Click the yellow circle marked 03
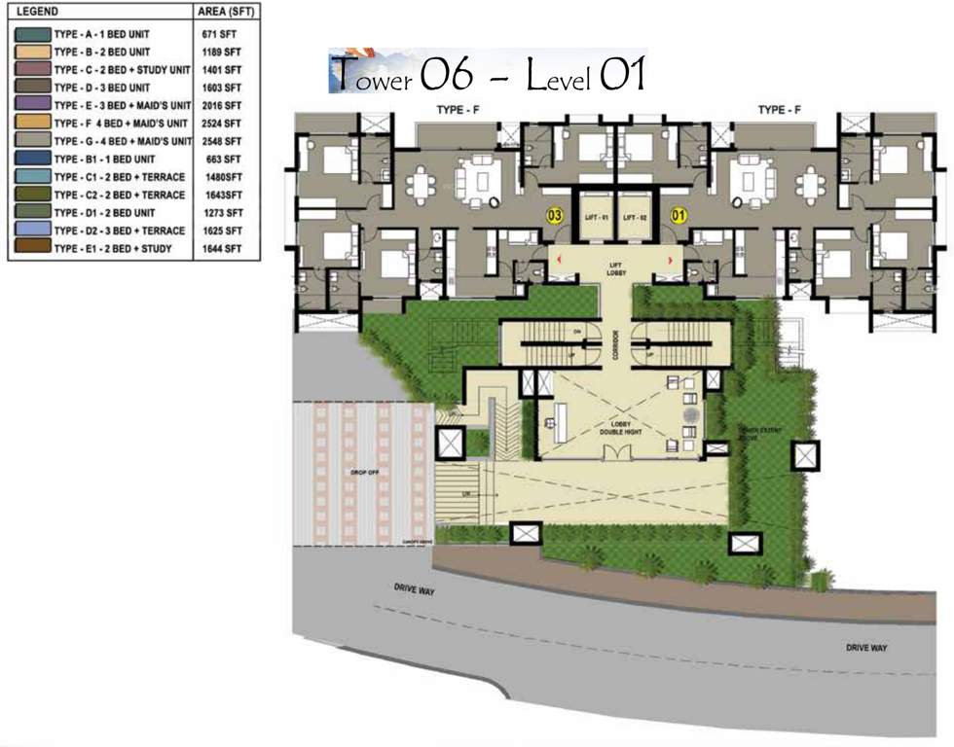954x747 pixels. click(555, 215)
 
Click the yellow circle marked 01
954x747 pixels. click(679, 215)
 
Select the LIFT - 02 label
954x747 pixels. click(636, 216)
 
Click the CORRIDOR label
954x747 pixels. click(615, 348)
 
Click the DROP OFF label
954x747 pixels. click(364, 473)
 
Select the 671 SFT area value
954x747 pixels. click(220, 33)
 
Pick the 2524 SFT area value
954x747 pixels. click(223, 123)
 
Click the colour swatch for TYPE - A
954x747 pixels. click(31, 33)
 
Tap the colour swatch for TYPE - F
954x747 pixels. click(31, 123)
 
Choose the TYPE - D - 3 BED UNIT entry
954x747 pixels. click(106, 87)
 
